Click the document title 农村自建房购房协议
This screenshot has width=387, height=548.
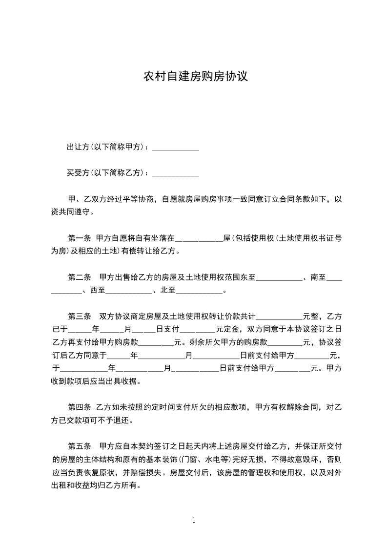[x=195, y=77]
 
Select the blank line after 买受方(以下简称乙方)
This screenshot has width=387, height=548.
[x=176, y=173]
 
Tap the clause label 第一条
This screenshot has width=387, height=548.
[x=80, y=239]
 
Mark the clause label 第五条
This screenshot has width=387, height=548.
[x=80, y=446]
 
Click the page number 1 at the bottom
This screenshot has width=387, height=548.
[x=194, y=520]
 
